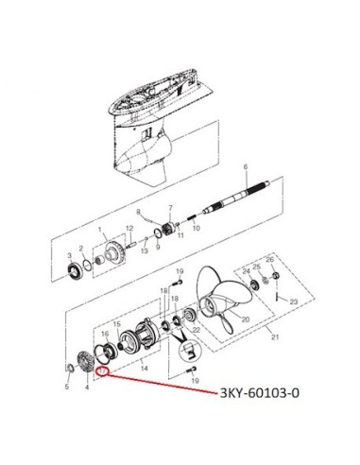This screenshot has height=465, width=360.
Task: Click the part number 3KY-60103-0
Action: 259,393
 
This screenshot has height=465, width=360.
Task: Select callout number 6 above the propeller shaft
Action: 246,167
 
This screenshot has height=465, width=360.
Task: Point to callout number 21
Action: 275,337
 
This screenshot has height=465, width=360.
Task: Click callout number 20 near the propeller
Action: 246,319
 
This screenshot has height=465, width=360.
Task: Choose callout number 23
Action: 294,301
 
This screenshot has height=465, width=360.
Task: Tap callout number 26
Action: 270,260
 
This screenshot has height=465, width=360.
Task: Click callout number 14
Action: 144,368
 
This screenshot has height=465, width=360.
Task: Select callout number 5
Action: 67,387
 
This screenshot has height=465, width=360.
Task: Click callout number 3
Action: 70,255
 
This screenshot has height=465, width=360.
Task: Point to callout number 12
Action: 129,228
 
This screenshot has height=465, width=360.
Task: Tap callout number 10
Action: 196,228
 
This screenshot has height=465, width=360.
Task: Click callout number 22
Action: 197,330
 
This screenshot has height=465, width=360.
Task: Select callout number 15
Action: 117,324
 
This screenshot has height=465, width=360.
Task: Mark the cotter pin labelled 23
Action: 277,295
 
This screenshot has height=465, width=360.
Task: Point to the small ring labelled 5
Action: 70,368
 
